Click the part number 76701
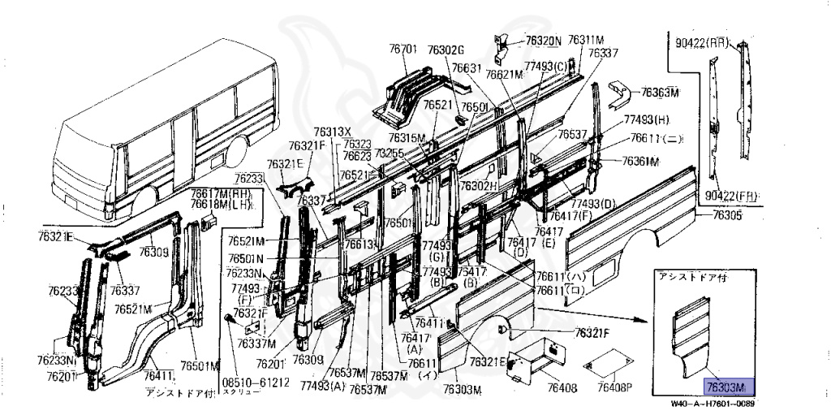[x=403, y=50]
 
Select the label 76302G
[x=446, y=50]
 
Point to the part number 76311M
[x=586, y=39]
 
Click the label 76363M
[x=660, y=91]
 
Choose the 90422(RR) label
[x=699, y=41]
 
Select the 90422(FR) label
[x=728, y=196]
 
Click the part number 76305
[x=727, y=215]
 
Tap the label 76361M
[x=640, y=161]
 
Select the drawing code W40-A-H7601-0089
[x=717, y=405]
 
